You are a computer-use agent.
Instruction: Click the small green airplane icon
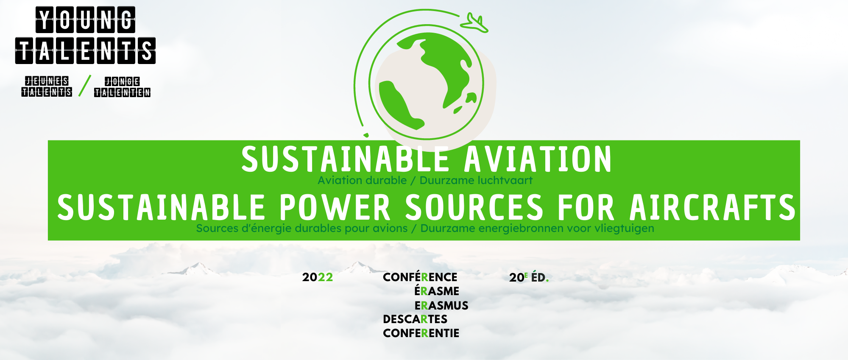pyautogui.click(x=475, y=23)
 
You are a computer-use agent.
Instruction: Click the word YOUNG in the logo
pyautogui.click(x=85, y=20)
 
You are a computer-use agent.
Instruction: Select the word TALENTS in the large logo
pyautogui.click(x=85, y=50)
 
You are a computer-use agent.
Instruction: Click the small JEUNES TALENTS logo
pyautogui.click(x=47, y=87)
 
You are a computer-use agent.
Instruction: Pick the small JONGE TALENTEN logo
pyautogui.click(x=123, y=87)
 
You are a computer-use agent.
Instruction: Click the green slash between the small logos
pyautogui.click(x=85, y=86)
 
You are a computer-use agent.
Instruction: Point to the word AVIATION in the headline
pyautogui.click(x=538, y=159)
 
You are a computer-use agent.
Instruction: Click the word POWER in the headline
pyautogui.click(x=335, y=207)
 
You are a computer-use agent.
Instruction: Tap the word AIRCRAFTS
pyautogui.click(x=712, y=207)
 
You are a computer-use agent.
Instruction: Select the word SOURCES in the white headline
pyautogui.click(x=474, y=207)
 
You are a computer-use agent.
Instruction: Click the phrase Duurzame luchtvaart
pyautogui.click(x=476, y=180)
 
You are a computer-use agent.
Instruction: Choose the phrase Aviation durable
pyautogui.click(x=362, y=180)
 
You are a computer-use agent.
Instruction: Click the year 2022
pyautogui.click(x=318, y=277)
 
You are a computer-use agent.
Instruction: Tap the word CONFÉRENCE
pyautogui.click(x=420, y=277)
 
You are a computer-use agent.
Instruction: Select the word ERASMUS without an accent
pyautogui.click(x=441, y=305)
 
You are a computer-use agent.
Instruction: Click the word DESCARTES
pyautogui.click(x=415, y=319)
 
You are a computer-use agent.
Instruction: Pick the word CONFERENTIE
pyautogui.click(x=421, y=333)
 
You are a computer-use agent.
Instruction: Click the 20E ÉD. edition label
pyautogui.click(x=529, y=277)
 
